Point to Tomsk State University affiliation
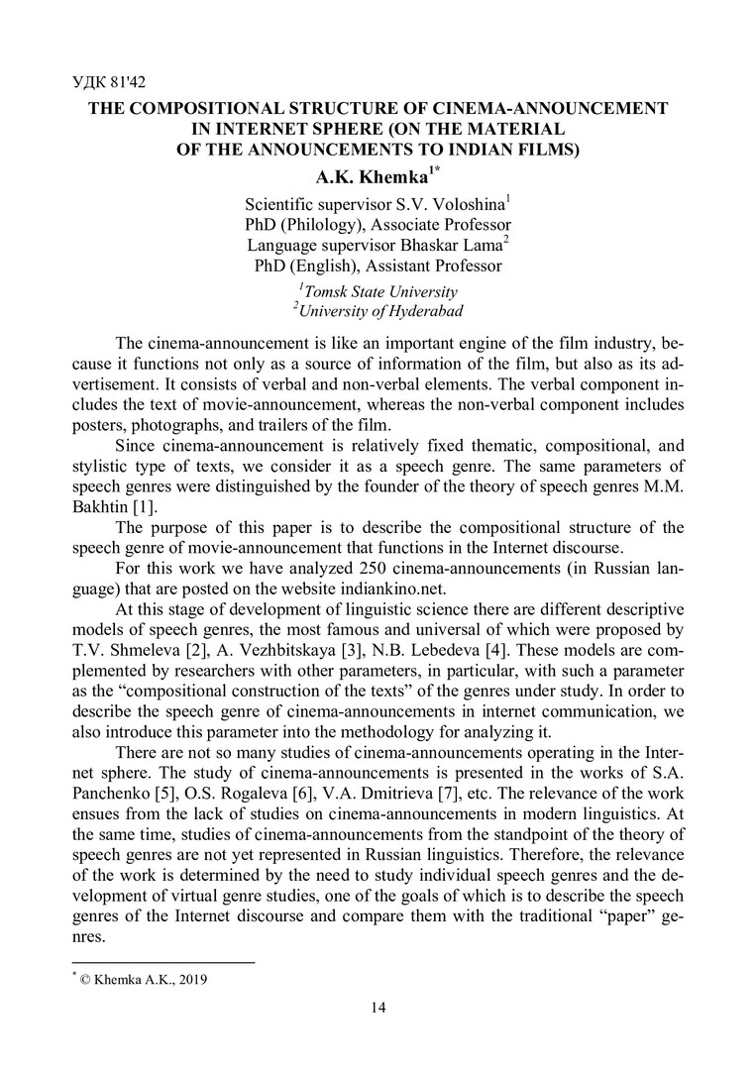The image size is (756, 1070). pyautogui.click(x=379, y=291)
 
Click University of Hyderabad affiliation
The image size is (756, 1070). pyautogui.click(x=380, y=311)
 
